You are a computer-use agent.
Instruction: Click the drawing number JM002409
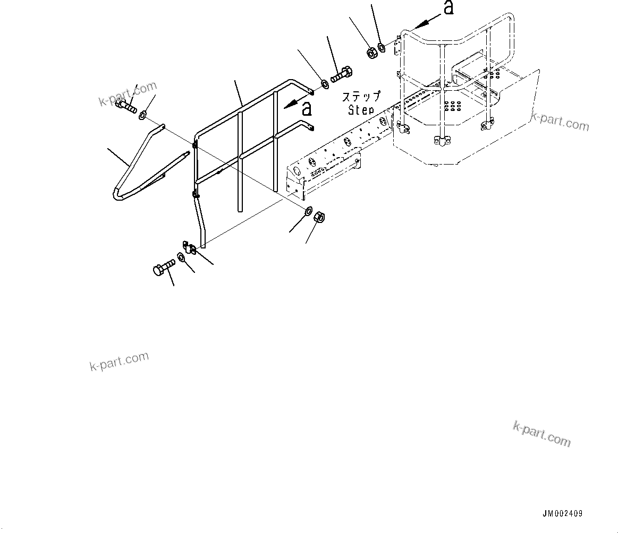coord(562,513)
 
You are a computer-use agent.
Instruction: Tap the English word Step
coord(361,110)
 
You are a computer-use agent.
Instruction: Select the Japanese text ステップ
coord(361,97)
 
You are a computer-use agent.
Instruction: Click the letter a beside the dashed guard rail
coord(449,8)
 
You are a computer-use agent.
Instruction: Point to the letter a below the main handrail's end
coord(306,109)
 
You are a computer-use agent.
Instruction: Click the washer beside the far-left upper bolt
coord(143,115)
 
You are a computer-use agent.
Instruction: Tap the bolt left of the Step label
coord(341,75)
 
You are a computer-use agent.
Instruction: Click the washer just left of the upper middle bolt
coord(324,83)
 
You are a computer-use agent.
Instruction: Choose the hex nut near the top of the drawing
coord(371,52)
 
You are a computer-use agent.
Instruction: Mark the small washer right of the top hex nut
coord(382,49)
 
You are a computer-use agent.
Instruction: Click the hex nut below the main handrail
coord(320,218)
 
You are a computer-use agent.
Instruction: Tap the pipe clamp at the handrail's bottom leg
coord(190,248)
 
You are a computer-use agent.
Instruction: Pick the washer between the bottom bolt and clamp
coord(181,258)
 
